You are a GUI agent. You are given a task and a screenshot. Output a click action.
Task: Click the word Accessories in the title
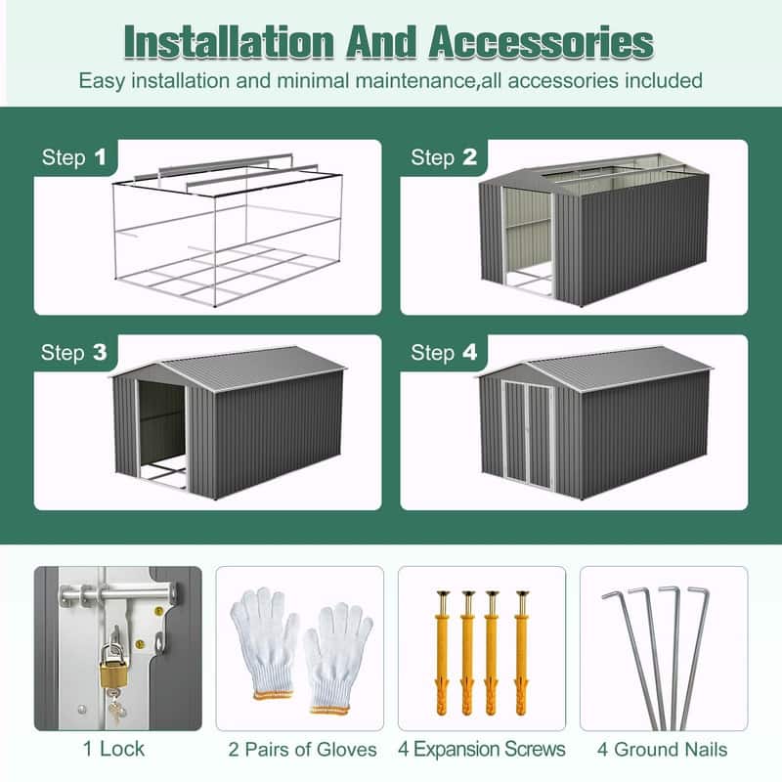coord(543,43)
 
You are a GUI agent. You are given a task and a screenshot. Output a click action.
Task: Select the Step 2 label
coord(444,157)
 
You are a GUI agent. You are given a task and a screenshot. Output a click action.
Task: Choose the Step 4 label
coord(444,353)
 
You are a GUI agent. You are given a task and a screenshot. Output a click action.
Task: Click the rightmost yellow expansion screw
coord(521,655)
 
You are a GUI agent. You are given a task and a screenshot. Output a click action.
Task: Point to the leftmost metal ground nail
coord(626,655)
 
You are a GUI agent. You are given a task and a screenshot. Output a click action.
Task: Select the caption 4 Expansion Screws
coord(481,750)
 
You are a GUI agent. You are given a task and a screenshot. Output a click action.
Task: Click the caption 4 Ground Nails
coord(664,750)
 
